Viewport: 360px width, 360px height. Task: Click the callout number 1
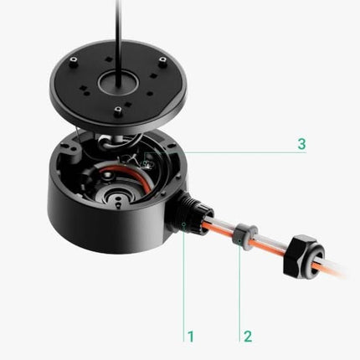pyautogui.click(x=191, y=337)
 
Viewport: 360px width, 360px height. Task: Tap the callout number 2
pyautogui.click(x=248, y=337)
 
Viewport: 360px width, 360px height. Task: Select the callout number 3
pyautogui.click(x=301, y=143)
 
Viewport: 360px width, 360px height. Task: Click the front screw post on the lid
pyautogui.click(x=119, y=111)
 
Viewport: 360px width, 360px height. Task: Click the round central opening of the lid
pyautogui.click(x=120, y=84)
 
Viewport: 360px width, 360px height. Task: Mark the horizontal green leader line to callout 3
pyautogui.click(x=243, y=152)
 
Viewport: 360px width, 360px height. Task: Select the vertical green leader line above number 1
pyautogui.click(x=184, y=285)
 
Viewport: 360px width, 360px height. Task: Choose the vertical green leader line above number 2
pyautogui.click(x=240, y=289)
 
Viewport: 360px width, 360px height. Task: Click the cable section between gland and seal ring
pyautogui.click(x=222, y=229)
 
